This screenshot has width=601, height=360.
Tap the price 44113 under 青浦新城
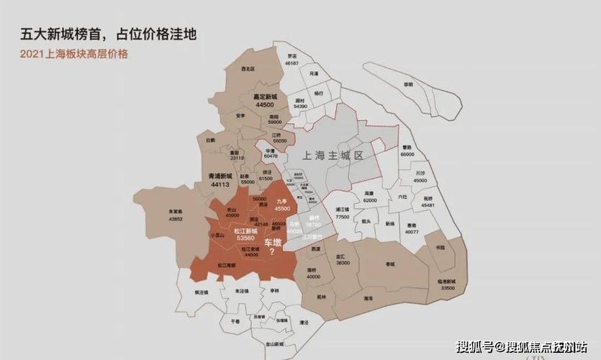220,185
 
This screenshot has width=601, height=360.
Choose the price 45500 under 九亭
283,208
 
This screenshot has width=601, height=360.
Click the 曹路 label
407,147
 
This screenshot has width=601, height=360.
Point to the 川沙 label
421,173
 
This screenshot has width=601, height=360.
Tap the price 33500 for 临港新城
446,287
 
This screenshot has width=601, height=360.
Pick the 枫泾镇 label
201,292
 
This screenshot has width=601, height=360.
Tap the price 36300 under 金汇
343,263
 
